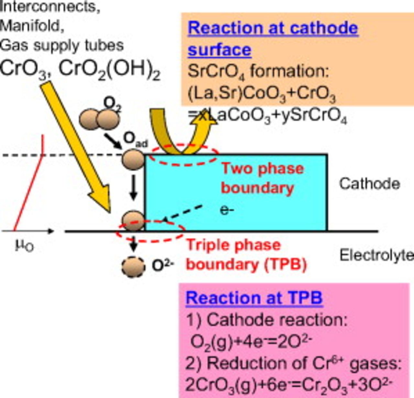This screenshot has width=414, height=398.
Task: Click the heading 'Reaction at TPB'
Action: [x=254, y=298]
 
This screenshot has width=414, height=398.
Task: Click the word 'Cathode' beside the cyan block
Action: [x=369, y=184]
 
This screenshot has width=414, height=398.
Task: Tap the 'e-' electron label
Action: [x=227, y=210]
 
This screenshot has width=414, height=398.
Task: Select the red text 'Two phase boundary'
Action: [x=262, y=178]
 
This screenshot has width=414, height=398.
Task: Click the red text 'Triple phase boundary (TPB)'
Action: [x=246, y=255]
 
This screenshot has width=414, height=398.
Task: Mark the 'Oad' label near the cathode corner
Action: [x=135, y=140]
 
